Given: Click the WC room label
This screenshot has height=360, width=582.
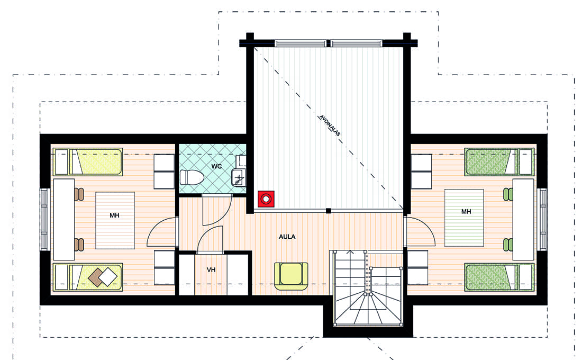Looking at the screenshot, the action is pos(216,166).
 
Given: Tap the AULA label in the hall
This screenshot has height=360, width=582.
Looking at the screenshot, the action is pos(287,237).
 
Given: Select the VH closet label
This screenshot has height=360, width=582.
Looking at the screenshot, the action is pos(211,269).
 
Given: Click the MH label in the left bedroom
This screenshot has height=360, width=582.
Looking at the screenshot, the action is pos(114,215).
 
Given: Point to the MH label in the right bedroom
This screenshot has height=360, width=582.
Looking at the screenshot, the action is pos(466,211).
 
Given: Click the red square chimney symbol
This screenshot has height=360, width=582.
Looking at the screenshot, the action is pos(266,199).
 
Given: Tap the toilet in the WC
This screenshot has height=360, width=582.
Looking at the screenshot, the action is pos(191,177).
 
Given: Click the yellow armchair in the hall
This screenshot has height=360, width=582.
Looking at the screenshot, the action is pos(291,276).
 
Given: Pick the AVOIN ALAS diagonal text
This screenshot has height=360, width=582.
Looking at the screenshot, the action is pos(329,125).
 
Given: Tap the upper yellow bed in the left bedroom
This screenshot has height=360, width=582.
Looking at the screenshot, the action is pos(88,162).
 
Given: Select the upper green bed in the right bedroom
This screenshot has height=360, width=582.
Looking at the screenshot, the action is pos(499,161).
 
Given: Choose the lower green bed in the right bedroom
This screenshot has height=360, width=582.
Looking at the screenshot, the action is pos(499,277).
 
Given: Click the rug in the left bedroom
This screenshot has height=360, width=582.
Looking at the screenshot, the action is pos(115,220).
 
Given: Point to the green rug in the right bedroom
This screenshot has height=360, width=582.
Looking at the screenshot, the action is pos(464,218).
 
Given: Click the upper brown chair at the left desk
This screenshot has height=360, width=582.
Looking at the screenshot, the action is pos(79,194).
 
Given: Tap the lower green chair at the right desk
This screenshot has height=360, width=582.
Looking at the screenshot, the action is pos(508,245).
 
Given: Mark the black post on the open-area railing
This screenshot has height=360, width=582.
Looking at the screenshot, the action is pos(329,211).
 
